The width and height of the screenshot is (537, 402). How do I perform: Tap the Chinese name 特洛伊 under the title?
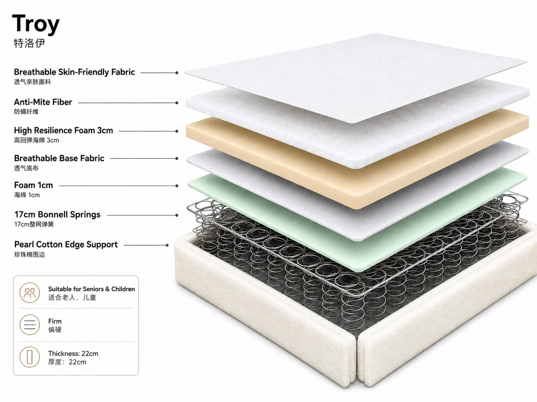[x=29, y=43]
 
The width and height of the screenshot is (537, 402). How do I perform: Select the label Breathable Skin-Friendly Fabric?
[x=74, y=72]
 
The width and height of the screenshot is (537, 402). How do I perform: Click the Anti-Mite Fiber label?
[x=43, y=102]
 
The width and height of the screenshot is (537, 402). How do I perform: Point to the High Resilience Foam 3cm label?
[x=64, y=130]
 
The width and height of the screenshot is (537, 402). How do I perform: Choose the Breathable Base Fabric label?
[x=59, y=158]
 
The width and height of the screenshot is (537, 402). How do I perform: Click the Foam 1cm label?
[x=33, y=185]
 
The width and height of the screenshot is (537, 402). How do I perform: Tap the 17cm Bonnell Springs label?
[x=57, y=214]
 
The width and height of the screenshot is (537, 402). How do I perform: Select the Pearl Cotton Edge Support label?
[x=66, y=244]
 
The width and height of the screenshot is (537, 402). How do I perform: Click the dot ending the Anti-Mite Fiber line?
[x=177, y=103]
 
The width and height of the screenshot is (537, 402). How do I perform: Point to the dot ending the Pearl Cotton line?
[x=167, y=245]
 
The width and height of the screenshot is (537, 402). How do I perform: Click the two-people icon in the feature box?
[x=30, y=292]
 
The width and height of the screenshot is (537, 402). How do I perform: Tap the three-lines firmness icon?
[x=30, y=325]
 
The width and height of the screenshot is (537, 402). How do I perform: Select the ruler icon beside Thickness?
[x=30, y=357]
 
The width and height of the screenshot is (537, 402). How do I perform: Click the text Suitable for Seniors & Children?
[x=92, y=289]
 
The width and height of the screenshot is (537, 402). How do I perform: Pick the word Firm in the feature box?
[x=55, y=321]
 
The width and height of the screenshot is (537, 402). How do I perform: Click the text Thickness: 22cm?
[x=73, y=354]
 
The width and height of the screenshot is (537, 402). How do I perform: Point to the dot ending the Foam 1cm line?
[x=177, y=186]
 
